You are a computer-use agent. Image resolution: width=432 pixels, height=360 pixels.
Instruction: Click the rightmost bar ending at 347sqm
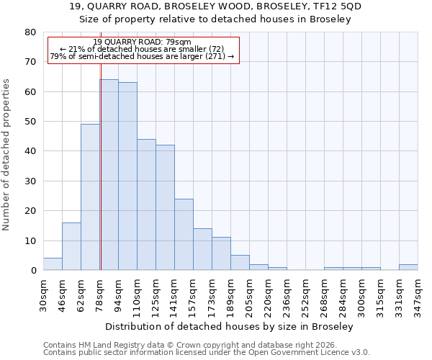[408, 267]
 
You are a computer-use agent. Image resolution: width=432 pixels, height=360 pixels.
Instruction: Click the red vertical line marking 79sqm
[101, 158]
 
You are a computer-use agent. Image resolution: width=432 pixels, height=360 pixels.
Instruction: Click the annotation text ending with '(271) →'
[143, 56]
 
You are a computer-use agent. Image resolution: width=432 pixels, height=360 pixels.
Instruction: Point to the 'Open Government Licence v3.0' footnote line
[207, 353]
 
